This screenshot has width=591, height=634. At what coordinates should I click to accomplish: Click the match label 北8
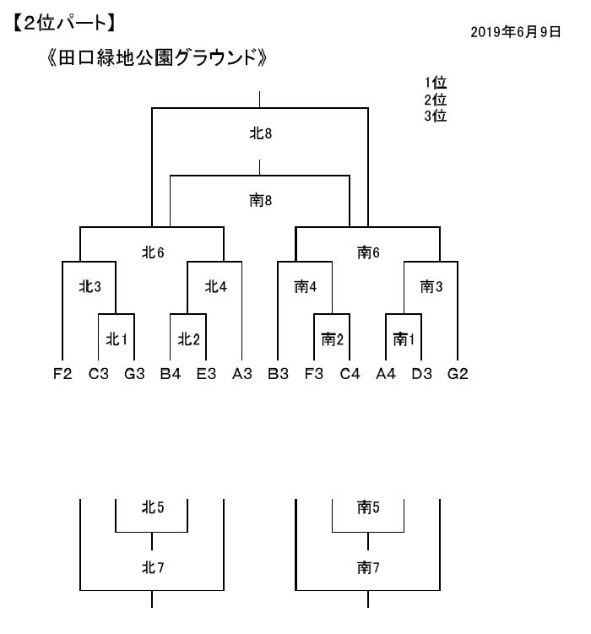[x=260, y=133]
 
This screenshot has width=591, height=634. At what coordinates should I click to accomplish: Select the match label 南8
[x=260, y=201]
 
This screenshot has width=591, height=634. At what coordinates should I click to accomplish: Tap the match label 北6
[x=153, y=252]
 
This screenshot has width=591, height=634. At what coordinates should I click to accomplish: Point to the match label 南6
[x=368, y=252]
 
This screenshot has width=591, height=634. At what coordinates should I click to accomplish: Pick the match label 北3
[x=89, y=287]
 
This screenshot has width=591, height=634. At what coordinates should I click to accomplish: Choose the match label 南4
[x=305, y=287]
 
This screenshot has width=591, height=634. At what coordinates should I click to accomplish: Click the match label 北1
[x=117, y=339]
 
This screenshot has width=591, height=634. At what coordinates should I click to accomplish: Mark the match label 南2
[x=333, y=339]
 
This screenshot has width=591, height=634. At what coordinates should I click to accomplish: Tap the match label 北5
[x=153, y=507]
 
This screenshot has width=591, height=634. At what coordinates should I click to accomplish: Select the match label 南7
[x=368, y=567]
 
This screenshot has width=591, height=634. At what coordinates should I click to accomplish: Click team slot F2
[x=62, y=374]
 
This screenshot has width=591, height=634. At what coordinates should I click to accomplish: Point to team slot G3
[x=134, y=374]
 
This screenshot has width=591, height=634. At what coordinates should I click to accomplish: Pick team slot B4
[x=171, y=374]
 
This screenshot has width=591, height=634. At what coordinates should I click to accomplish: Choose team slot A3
[x=242, y=374]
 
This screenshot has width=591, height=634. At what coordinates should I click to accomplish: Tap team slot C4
[x=350, y=374]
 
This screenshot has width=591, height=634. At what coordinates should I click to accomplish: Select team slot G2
[x=458, y=374]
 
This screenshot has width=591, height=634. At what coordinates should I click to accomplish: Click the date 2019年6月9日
[x=515, y=32]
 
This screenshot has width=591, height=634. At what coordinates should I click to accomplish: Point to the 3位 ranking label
[x=436, y=116]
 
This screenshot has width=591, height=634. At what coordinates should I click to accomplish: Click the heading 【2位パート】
[x=64, y=23]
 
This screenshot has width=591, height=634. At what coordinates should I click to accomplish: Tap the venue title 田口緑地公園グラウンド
[x=157, y=57]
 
